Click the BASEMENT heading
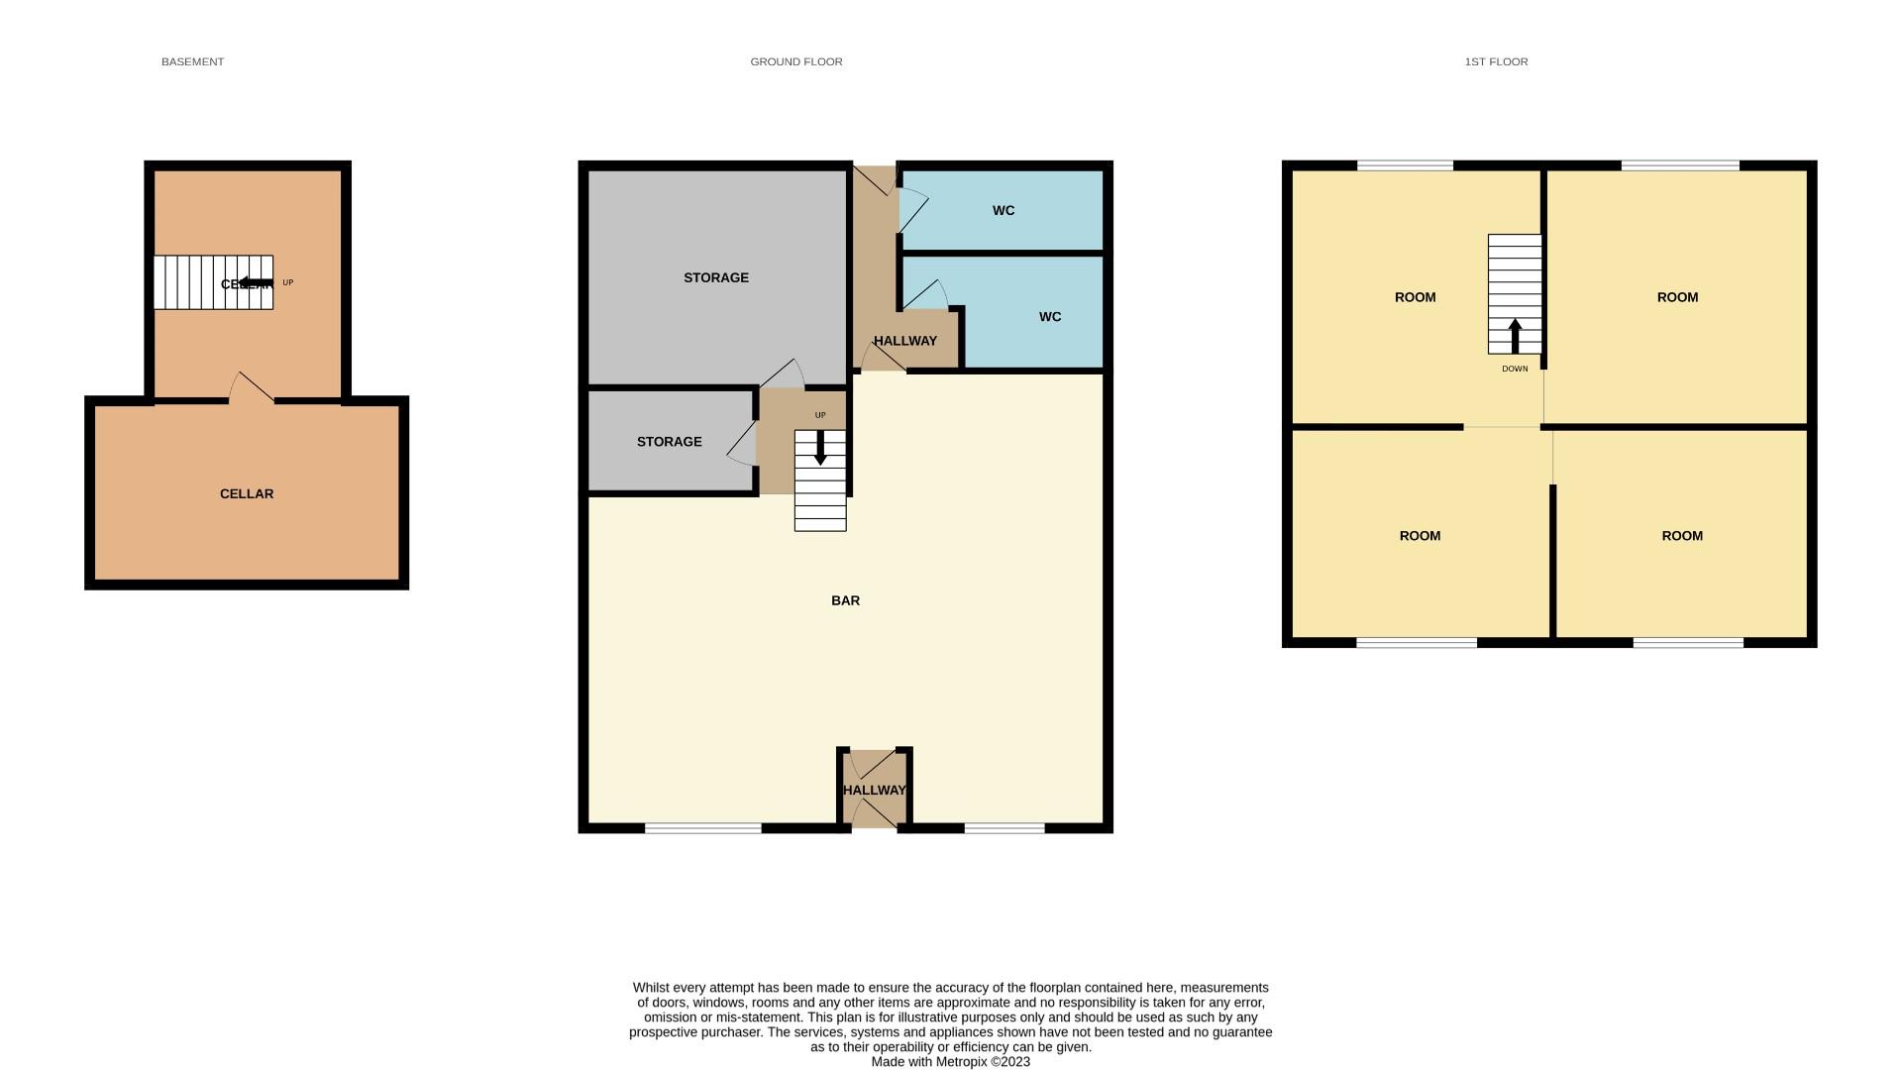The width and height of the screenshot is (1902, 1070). coord(192,61)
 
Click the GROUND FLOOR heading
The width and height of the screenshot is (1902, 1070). coord(795,61)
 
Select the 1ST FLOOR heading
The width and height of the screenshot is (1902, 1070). coord(1496,61)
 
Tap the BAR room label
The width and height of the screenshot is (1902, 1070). coord(845,600)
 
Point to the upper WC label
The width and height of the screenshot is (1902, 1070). coord(1003,210)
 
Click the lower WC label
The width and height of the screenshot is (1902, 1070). coord(1049,317)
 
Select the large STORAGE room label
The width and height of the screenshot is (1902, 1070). coord(715,277)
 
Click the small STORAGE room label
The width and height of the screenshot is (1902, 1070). coord(669,442)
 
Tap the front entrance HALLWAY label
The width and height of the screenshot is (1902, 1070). coord(874,790)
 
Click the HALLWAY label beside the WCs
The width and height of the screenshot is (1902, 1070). coord(904,341)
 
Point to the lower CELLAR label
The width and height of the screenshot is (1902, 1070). coord(246,493)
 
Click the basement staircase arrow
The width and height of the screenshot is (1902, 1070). coord(256,283)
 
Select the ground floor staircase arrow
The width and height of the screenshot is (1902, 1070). coord(820,448)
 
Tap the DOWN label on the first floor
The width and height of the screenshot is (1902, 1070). coord(1514,369)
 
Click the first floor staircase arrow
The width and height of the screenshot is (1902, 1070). coord(1514,335)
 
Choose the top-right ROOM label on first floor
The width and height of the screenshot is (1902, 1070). coord(1677,297)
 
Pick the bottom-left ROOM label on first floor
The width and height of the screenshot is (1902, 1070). coord(1419,536)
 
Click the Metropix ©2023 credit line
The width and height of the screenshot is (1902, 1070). coord(950,1062)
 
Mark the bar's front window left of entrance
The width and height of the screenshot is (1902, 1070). coord(702,828)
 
